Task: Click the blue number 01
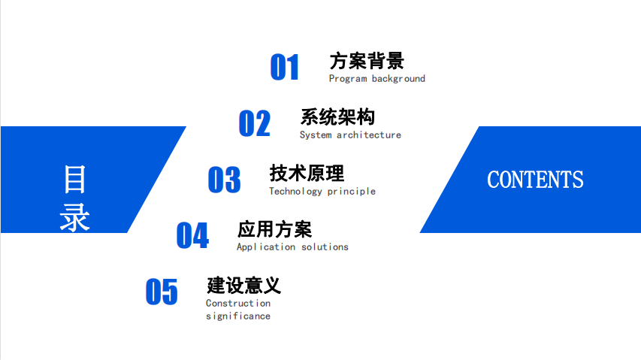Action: point(285,67)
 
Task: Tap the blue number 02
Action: point(254,123)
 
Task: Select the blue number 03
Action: point(224,180)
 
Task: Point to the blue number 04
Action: point(192,235)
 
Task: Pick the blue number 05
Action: point(162,292)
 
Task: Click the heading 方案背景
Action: point(367,61)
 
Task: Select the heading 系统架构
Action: point(337,117)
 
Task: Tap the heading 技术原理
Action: point(307,174)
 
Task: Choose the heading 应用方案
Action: point(274,229)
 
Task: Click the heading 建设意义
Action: point(243,286)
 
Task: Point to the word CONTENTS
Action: point(535,180)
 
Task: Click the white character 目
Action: point(75,179)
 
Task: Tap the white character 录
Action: point(75,217)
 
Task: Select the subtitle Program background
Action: point(377,78)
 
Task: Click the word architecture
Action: point(369,135)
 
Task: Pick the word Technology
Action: point(295,191)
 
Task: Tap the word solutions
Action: point(325,247)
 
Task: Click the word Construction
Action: point(238,303)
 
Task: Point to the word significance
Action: point(238,316)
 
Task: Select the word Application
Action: point(266,247)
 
